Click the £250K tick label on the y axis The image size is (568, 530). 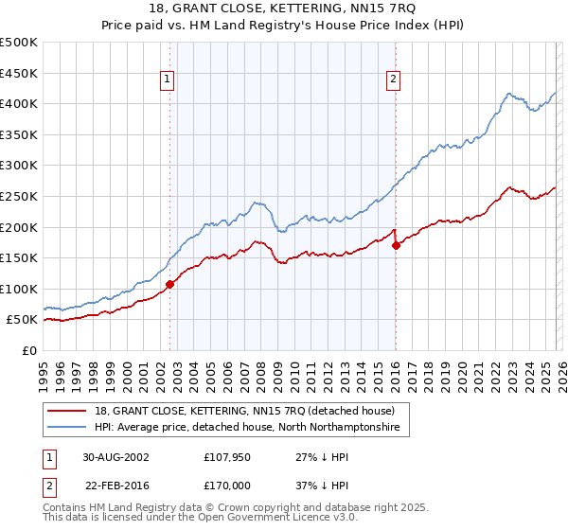(19, 196)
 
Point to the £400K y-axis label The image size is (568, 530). (19, 103)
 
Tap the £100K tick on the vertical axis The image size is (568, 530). (19, 289)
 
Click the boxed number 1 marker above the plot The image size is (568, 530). (167, 80)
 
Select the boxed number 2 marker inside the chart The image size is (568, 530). (392, 80)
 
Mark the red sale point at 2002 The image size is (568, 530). (170, 284)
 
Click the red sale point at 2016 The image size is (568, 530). (396, 245)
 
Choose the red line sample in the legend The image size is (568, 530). (68, 411)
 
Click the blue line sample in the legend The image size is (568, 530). (68, 428)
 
